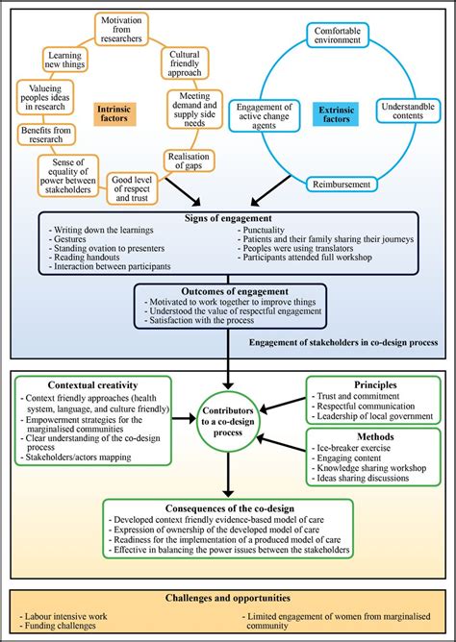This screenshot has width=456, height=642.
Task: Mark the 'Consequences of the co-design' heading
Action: pos(227,506)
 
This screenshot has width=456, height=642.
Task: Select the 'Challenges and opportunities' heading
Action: pos(227,598)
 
